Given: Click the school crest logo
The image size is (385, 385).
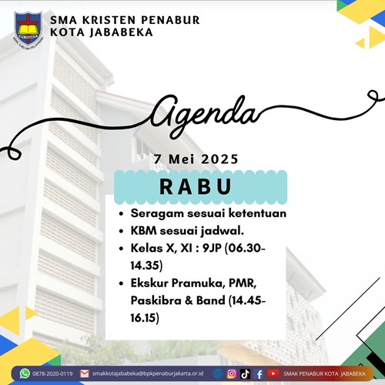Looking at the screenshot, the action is tap(28, 30).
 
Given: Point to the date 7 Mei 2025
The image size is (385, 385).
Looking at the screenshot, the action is tap(196, 159).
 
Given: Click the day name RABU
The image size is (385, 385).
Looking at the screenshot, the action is tap(196, 186).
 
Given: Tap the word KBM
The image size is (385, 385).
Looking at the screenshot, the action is tap(144, 231).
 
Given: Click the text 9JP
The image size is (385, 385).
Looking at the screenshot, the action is tap(212, 248).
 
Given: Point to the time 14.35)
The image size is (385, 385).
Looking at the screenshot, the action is tap(146, 266).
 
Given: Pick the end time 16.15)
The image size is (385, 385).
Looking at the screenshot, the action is tap(145, 318).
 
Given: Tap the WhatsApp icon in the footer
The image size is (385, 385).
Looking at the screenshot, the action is tap(25, 373).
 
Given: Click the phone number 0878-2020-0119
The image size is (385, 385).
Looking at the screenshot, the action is tap(52, 373).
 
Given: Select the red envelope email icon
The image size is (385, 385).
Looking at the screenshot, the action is tap(84, 373).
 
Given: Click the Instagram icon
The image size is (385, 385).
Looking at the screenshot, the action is tap(231, 374).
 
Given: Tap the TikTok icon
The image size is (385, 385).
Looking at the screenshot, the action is tap(245, 374).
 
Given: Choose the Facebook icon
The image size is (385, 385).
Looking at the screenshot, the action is tap(259, 374).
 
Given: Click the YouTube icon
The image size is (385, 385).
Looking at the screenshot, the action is tap(273, 373).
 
